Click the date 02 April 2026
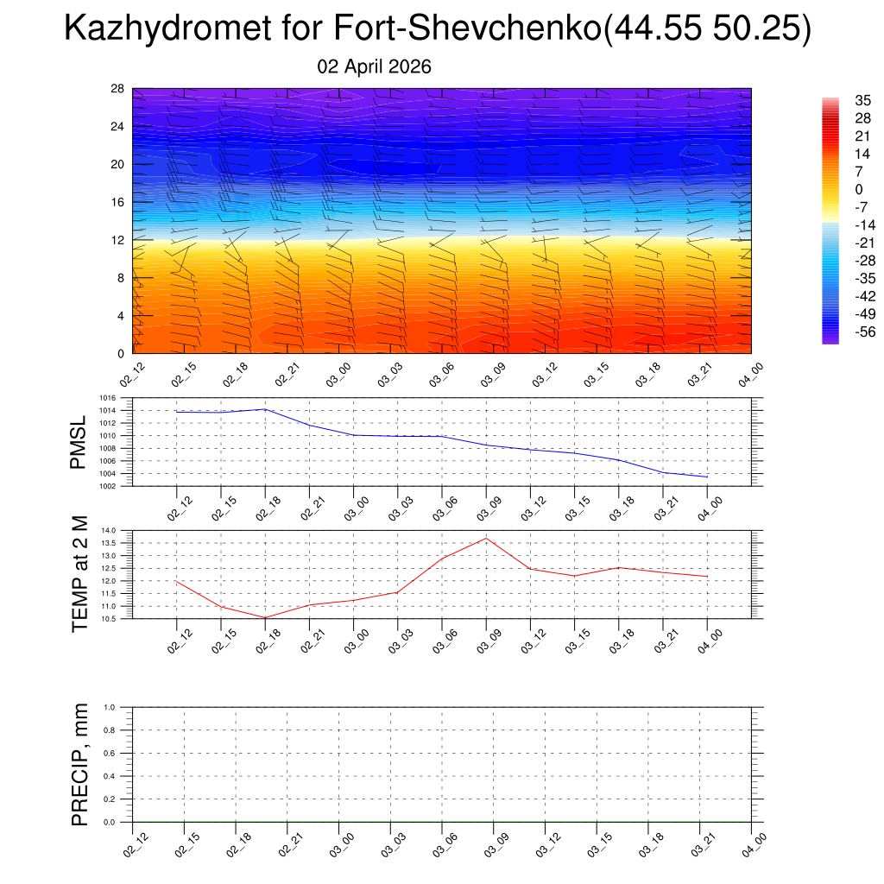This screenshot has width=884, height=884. (374, 67)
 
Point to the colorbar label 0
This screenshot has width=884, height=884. (859, 189)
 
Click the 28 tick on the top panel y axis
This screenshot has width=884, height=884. (118, 89)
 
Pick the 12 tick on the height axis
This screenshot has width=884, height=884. (118, 240)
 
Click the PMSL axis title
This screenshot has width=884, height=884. (79, 443)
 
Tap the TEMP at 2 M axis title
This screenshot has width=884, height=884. (80, 574)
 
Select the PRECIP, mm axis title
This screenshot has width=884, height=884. (80, 765)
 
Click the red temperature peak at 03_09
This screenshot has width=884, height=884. (486, 539)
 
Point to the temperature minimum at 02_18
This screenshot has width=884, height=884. (265, 617)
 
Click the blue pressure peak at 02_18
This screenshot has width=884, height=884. (265, 409)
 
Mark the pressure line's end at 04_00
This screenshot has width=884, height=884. (707, 477)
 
